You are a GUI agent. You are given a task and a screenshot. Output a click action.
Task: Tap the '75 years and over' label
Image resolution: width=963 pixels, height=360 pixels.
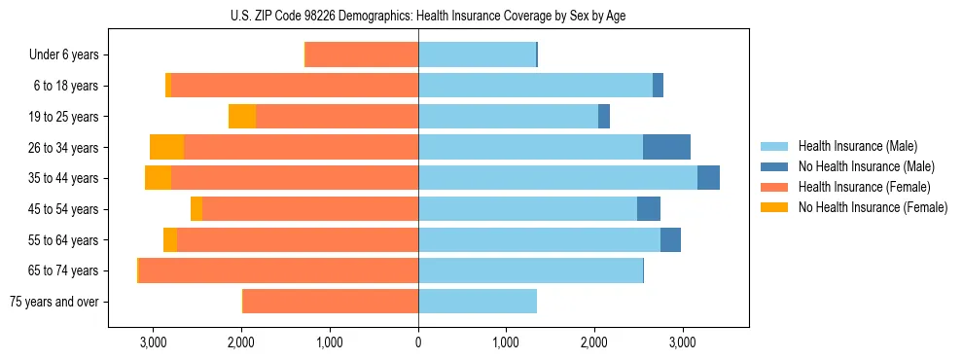[x=53, y=302]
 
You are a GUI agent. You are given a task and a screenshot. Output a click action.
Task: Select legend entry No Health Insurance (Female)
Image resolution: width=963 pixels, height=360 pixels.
[x=873, y=207]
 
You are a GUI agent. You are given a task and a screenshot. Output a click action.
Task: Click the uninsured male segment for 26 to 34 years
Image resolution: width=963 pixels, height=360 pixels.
[x=666, y=147]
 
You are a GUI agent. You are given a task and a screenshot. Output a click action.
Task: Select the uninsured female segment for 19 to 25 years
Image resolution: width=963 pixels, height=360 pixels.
[x=242, y=117]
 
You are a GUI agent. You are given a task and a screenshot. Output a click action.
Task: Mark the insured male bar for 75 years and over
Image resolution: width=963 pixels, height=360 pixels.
[x=477, y=302]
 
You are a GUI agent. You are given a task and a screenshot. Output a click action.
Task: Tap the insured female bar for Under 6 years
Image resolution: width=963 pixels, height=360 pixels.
[x=362, y=55]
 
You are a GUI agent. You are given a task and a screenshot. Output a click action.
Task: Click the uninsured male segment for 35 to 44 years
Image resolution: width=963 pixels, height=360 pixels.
[x=708, y=178]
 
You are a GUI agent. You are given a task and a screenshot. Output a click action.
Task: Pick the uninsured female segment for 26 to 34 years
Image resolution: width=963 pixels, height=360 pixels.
[x=167, y=147]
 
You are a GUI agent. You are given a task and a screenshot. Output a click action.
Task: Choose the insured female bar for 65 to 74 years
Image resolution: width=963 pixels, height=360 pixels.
[x=278, y=270]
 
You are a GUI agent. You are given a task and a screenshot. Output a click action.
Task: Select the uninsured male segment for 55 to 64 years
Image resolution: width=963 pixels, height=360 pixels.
[x=670, y=239]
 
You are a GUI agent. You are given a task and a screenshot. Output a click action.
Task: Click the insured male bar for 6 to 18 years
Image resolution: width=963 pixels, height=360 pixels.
[x=535, y=86]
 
